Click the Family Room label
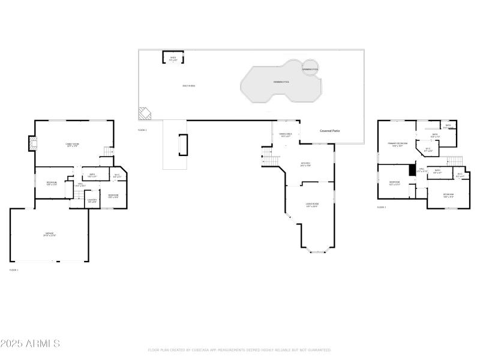[x=72, y=145]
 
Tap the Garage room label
[x=49, y=234]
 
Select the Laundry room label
[x=92, y=201]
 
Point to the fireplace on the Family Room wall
[x=32, y=143]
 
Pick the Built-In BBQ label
[x=188, y=86]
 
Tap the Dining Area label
[x=286, y=135]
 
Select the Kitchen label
[x=305, y=164]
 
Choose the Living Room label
[x=311, y=205]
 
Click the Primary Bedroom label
[x=397, y=145]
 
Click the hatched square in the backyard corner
[x=145, y=113]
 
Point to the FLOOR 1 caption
[x=14, y=271]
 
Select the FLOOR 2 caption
[x=142, y=130]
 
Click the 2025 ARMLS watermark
[x=30, y=344]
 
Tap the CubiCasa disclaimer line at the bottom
[x=239, y=350]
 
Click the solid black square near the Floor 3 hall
[x=412, y=170]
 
